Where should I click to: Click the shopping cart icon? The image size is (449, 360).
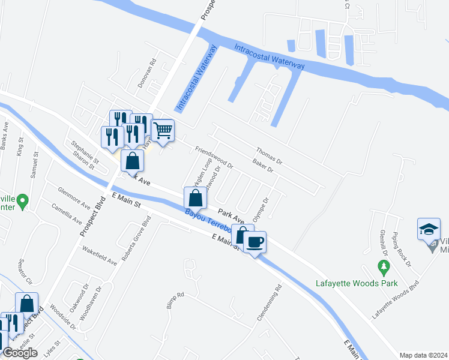tap(163, 130)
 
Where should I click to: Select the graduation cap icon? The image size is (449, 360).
tap(429, 230)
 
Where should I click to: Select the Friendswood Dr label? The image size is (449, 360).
tap(212, 156)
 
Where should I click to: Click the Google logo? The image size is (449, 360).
tap(20, 353)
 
